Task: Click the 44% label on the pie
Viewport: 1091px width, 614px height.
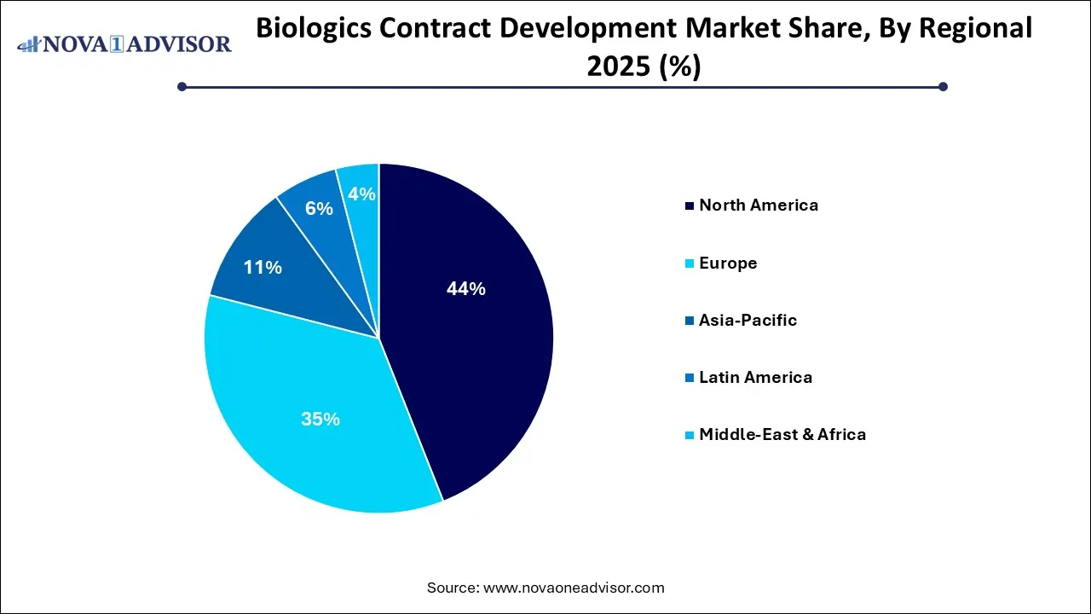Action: point(465,289)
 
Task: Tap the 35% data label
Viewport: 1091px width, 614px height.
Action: point(320,419)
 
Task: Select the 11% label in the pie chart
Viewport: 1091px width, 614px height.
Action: point(263,268)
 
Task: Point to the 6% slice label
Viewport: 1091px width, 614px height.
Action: point(319,208)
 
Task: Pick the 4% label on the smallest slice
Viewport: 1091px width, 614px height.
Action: point(361,194)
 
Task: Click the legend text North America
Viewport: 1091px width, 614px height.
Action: point(759,205)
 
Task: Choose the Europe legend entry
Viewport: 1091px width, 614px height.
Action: point(728,263)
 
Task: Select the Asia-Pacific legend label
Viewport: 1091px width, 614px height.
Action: point(748,320)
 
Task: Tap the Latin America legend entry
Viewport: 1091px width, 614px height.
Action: point(755,377)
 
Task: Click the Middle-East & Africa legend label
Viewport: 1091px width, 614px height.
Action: point(782,434)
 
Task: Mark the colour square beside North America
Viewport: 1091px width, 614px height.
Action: point(689,206)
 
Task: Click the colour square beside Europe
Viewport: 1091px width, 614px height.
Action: point(689,264)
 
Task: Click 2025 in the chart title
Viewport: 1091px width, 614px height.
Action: point(615,67)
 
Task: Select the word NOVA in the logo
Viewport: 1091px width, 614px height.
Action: point(77,44)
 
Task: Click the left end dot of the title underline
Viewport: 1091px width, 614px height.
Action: point(182,86)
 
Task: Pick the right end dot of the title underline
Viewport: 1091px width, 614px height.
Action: point(943,86)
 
